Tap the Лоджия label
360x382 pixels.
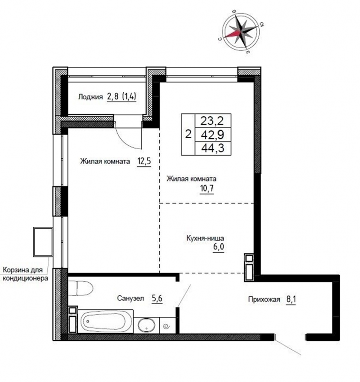pos(90,97)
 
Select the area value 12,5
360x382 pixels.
pos(144,161)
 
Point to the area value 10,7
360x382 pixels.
pos(207,189)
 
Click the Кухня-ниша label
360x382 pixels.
pos(205,238)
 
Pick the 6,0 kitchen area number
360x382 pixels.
pos(218,247)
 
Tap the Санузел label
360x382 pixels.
pos(131,298)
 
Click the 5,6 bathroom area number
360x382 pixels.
pos(157,298)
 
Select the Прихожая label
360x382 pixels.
pos(264,299)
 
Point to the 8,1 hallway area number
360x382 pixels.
pos(291,299)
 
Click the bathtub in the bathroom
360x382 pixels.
pos(105,322)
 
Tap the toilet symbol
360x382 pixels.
pos(81,288)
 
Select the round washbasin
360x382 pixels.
pos(147,325)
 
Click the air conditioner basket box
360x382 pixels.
pos(43,242)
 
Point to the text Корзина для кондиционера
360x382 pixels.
pos(25,274)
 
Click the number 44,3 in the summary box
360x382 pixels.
pos(213,148)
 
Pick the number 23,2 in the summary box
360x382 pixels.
pos(212,120)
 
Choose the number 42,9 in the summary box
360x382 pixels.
pos(213,135)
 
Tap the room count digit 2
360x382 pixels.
pos(188,134)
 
